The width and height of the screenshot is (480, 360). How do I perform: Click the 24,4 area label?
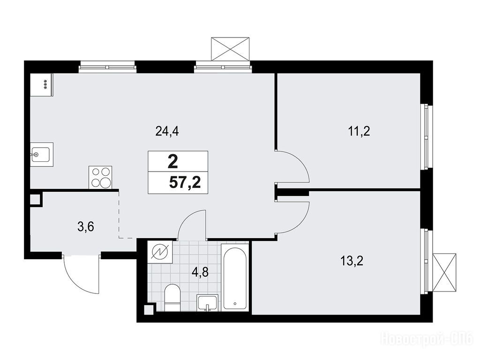click(167, 132)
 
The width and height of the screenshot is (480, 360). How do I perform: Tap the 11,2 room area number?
click(359, 132)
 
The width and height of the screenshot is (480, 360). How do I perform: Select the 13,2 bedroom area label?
click(352, 261)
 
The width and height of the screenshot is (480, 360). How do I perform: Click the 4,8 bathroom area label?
click(200, 272)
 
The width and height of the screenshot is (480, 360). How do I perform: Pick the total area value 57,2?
click(185, 183)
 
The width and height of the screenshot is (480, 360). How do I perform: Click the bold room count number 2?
click(172, 162)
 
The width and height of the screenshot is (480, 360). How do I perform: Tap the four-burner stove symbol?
click(100, 177)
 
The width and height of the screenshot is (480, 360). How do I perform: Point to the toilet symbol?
click(172, 297)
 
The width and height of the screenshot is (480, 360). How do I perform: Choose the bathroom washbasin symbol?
click(208, 303)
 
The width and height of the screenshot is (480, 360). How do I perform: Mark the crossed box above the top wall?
click(230, 49)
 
